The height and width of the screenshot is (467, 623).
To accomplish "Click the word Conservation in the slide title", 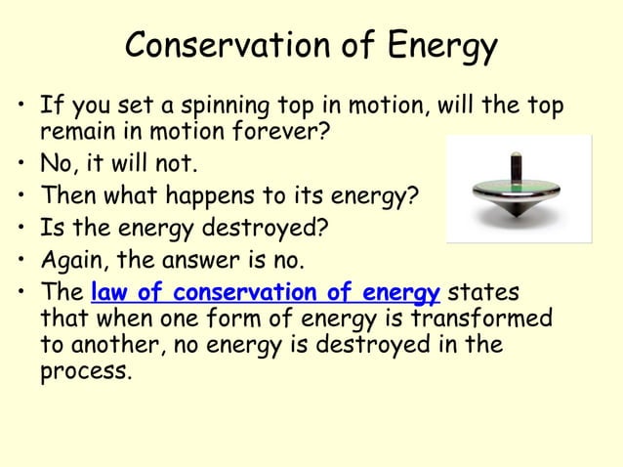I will point(224,45).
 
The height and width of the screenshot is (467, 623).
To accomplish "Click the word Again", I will point(71,262).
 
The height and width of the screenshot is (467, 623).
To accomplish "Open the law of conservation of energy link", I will point(265,293).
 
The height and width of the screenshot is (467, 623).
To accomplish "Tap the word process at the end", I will point(85,372).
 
